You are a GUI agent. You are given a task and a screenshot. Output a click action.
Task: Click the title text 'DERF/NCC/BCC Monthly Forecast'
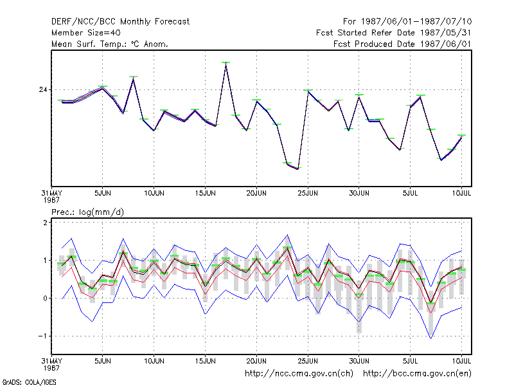(x=120, y=22)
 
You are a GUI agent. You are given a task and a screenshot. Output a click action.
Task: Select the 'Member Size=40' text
(x=86, y=33)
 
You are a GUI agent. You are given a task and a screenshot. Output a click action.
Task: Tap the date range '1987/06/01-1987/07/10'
(x=416, y=22)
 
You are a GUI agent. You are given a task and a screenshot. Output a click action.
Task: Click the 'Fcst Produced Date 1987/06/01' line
(x=402, y=44)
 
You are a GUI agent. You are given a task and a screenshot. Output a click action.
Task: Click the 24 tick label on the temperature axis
(x=43, y=89)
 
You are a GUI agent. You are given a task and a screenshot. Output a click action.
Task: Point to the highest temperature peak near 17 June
(x=226, y=63)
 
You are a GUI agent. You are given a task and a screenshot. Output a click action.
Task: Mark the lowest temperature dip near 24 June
(x=297, y=169)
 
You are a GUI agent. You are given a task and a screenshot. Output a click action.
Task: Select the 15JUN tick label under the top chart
(x=205, y=193)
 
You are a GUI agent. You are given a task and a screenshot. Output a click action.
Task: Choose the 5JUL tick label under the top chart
(x=410, y=193)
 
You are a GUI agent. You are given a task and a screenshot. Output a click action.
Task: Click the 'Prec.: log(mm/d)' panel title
(x=87, y=212)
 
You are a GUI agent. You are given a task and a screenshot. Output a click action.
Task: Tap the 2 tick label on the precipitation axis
(x=45, y=223)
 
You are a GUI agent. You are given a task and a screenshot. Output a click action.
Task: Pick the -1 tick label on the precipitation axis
(x=42, y=336)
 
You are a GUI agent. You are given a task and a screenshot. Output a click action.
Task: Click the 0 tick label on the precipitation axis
(x=45, y=298)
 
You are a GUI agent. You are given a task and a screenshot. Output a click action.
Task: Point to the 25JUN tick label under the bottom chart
(x=308, y=361)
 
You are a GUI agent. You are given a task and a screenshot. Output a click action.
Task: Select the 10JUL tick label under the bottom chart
(x=461, y=361)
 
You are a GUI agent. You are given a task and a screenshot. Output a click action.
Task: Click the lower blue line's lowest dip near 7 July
(x=430, y=338)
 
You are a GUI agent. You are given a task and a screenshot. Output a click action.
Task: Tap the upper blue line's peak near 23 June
(x=287, y=235)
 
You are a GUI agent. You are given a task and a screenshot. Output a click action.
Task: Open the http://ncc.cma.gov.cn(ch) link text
(x=299, y=374)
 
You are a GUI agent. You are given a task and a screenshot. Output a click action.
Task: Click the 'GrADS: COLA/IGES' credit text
(x=29, y=382)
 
